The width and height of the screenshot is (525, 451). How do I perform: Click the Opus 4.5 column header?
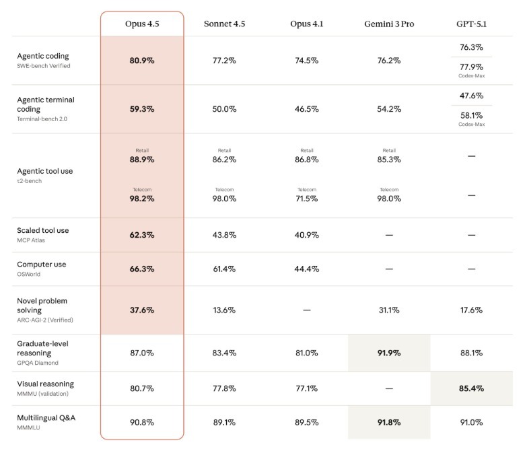point(142,24)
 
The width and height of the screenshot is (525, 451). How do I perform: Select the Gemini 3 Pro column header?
point(389,24)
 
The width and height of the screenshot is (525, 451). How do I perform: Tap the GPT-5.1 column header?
point(471,24)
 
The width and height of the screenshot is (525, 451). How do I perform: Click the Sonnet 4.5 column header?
point(224,24)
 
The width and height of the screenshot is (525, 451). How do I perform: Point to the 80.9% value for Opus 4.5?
point(142,61)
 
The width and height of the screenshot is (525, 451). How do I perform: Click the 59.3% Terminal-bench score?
point(142,109)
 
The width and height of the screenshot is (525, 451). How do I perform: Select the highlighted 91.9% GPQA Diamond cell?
point(389,353)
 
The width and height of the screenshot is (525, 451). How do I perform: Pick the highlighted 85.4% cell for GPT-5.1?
point(471,388)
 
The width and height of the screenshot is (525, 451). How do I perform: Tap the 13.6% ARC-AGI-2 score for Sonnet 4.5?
point(224,310)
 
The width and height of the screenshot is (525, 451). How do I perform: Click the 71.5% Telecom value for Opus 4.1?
point(307,199)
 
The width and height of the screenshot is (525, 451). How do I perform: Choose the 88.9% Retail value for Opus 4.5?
point(142,160)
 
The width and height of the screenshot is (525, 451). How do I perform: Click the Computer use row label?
point(42,265)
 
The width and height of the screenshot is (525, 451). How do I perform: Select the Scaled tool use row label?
point(43,230)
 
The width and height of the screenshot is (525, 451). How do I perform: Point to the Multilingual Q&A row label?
point(46,418)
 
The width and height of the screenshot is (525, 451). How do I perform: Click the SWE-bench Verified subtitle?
point(44,66)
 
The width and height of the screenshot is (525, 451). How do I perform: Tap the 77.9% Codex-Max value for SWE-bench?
point(471,67)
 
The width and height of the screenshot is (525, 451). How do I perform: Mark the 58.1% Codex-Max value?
point(471,115)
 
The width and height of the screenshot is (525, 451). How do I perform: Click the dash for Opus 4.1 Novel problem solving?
point(307,310)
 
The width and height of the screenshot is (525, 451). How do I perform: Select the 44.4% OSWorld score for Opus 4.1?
point(307,269)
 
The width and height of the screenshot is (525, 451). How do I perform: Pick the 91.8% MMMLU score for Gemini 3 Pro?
point(389,423)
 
